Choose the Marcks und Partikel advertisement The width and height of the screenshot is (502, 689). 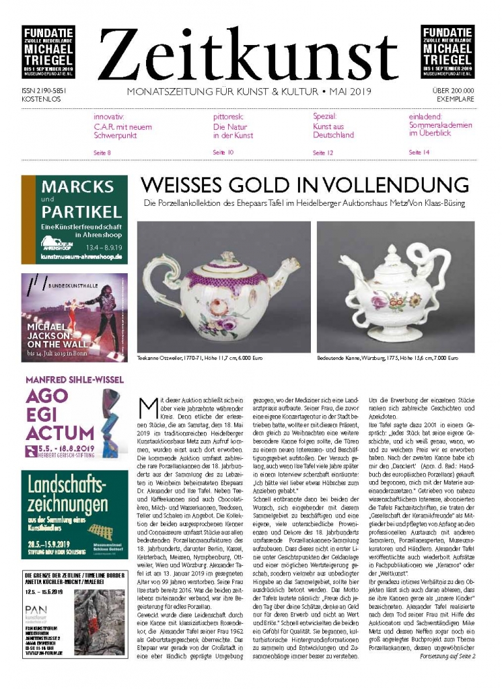point(75,219)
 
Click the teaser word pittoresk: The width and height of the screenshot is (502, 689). point(229,116)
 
